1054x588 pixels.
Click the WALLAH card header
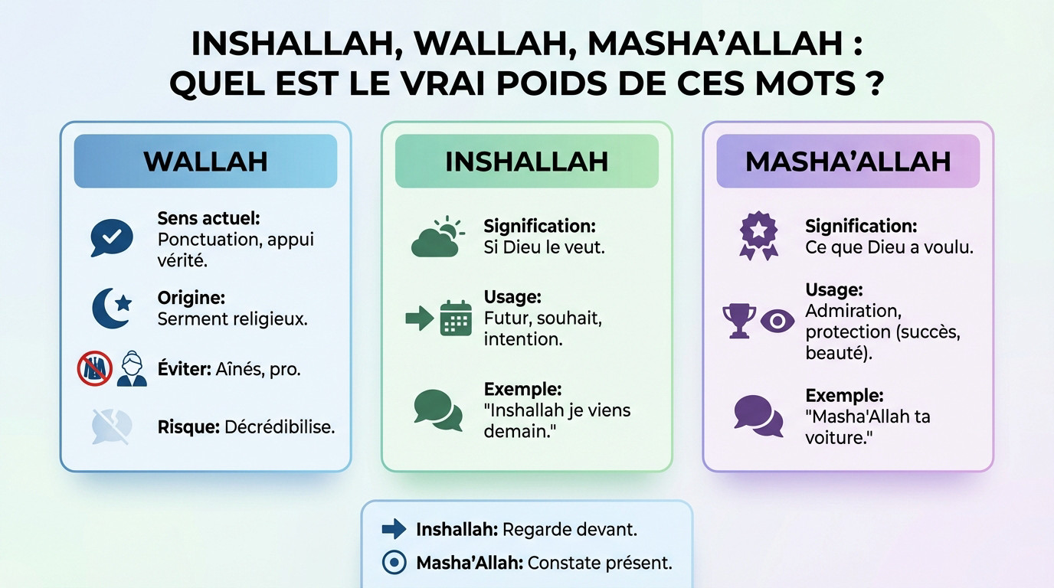tap(205, 161)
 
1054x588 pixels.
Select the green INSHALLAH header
tap(526, 161)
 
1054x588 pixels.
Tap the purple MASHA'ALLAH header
tap(848, 161)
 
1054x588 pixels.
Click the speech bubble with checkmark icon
tap(111, 237)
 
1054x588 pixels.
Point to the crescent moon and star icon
tap(112, 308)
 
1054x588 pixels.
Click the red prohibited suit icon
tap(95, 369)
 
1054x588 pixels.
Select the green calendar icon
tap(456, 318)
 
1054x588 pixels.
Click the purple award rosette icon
tap(758, 236)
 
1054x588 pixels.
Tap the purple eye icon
tap(777, 321)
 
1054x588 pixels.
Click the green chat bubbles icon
tap(438, 410)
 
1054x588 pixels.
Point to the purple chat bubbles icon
tap(758, 415)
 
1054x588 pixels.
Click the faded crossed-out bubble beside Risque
tap(112, 426)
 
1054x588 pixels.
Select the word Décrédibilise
tap(280, 427)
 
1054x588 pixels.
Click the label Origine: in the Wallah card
tap(191, 297)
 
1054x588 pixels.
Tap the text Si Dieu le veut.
tap(544, 248)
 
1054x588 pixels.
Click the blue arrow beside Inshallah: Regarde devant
tap(394, 528)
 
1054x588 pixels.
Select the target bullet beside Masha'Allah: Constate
tap(394, 563)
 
